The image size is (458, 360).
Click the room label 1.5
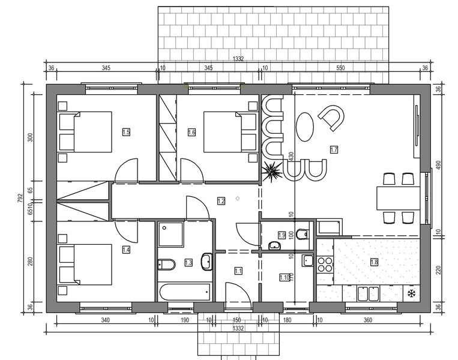[x=126, y=132]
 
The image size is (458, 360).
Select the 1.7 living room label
[x=334, y=149]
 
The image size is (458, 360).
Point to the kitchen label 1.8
[x=374, y=262]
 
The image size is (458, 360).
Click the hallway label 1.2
[x=221, y=201]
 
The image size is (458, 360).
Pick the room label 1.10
[x=285, y=277]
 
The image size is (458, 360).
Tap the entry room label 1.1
[x=238, y=271]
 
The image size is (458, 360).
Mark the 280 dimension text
[x=31, y=262]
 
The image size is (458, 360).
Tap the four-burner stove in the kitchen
[x=325, y=264]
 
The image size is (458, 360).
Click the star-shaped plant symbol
[x=273, y=171]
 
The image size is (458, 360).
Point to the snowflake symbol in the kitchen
[x=412, y=293]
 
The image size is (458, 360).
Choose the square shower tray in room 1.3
[x=173, y=236]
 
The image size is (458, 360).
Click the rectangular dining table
[x=397, y=197]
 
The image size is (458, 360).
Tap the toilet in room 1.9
[x=302, y=233]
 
